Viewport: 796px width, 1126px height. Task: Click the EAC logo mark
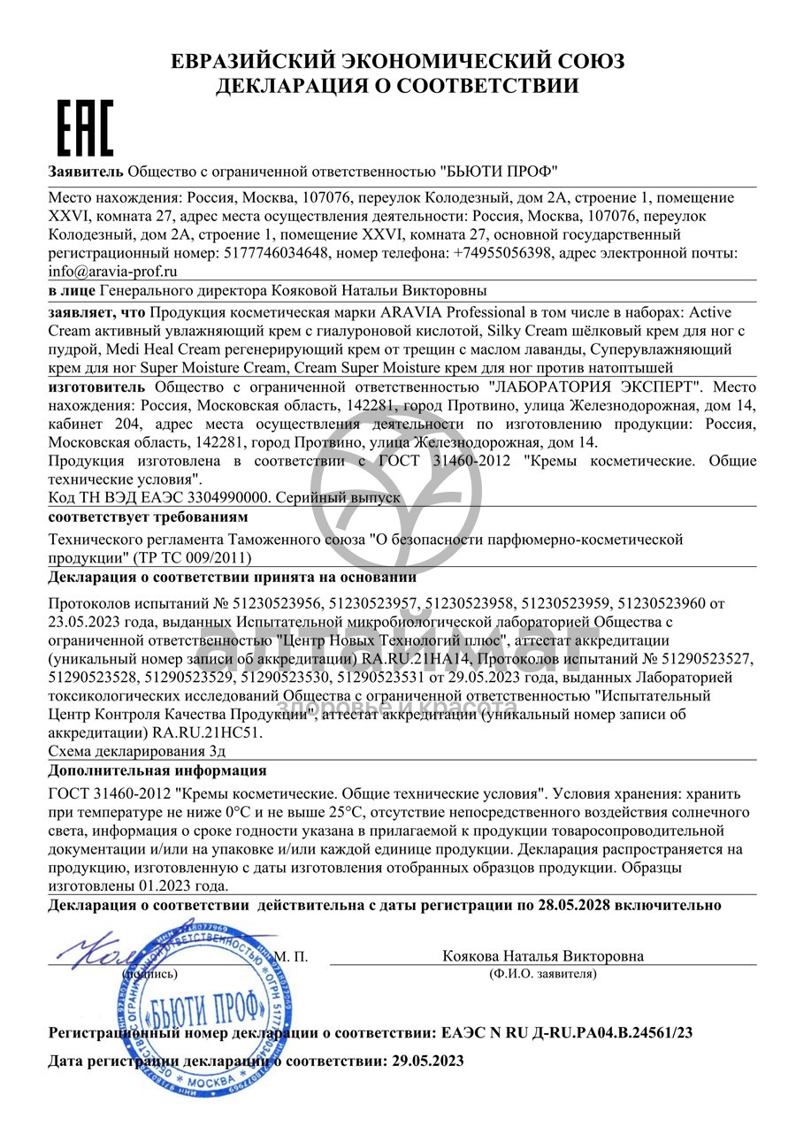click(85, 128)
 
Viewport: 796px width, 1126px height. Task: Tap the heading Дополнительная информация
click(157, 770)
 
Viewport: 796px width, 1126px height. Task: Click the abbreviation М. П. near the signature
click(290, 956)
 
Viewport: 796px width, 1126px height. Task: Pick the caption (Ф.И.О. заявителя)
click(542, 974)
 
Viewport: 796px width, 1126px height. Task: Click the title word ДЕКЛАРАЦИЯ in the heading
click(297, 86)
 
